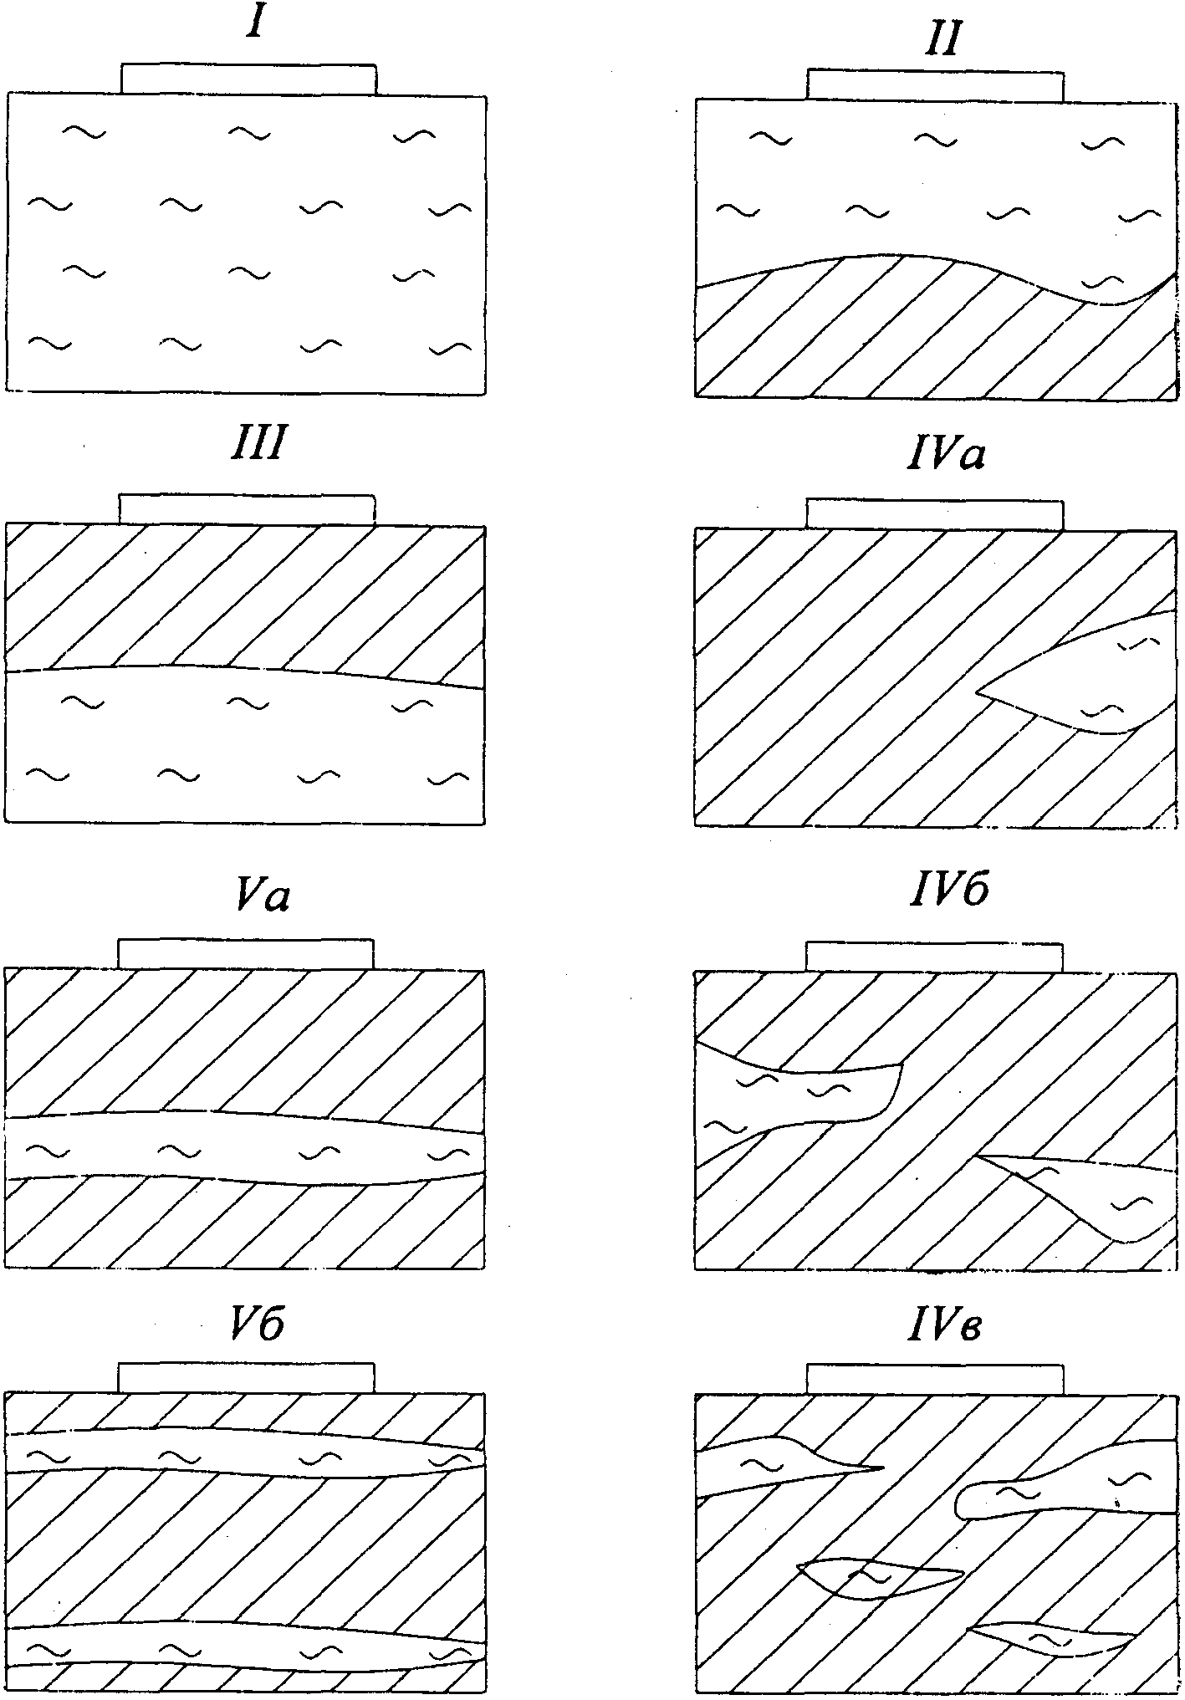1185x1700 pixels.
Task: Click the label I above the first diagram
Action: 256,24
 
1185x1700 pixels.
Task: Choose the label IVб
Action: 948,891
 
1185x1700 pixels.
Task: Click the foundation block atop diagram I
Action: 248,79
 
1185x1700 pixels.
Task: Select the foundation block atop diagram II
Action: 936,85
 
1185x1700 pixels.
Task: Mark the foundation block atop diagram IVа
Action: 935,514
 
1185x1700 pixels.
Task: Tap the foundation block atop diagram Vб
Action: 246,1377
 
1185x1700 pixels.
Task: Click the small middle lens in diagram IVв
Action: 878,1577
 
